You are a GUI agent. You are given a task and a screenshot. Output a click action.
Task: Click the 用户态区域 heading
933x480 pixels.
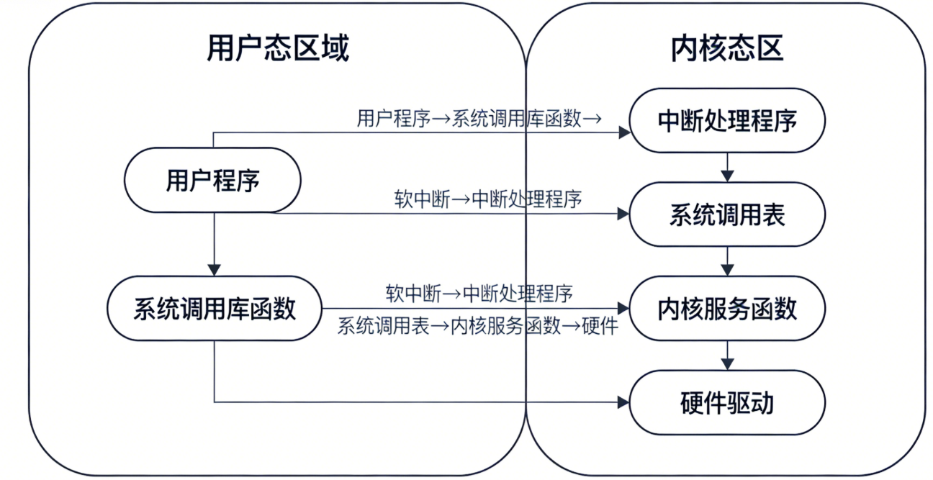coord(277,49)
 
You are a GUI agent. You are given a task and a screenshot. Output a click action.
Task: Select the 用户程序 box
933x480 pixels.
coord(212,180)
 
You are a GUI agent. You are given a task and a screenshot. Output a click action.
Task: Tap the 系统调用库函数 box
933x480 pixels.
coord(215,309)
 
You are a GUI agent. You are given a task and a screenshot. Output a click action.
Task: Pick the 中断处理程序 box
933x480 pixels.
coord(727,121)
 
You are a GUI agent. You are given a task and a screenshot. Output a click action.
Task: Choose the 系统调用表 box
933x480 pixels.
coord(727,214)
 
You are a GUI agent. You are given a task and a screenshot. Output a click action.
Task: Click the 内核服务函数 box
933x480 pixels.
coord(727,309)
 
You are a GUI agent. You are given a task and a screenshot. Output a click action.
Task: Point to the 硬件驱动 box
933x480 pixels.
coord(727,403)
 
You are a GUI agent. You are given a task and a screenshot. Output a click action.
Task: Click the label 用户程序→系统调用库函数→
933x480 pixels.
coord(479,119)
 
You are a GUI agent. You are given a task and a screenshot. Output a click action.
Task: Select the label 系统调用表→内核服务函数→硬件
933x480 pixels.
coord(478,327)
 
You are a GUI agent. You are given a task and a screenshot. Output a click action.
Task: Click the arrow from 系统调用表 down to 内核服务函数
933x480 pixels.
coord(727,261)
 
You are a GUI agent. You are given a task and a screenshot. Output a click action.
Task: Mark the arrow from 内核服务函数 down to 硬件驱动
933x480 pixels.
coord(727,356)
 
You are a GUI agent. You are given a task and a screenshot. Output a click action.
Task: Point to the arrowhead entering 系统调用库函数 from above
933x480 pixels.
coord(214,270)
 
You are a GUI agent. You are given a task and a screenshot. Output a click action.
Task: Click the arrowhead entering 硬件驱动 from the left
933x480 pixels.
coord(623,403)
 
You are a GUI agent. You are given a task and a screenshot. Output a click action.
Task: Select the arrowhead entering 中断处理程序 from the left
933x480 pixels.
coord(623,132)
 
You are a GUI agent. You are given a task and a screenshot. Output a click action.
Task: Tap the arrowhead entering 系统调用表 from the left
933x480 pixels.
coord(623,214)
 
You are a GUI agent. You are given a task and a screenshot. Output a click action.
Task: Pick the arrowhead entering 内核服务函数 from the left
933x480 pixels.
coord(623,309)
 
